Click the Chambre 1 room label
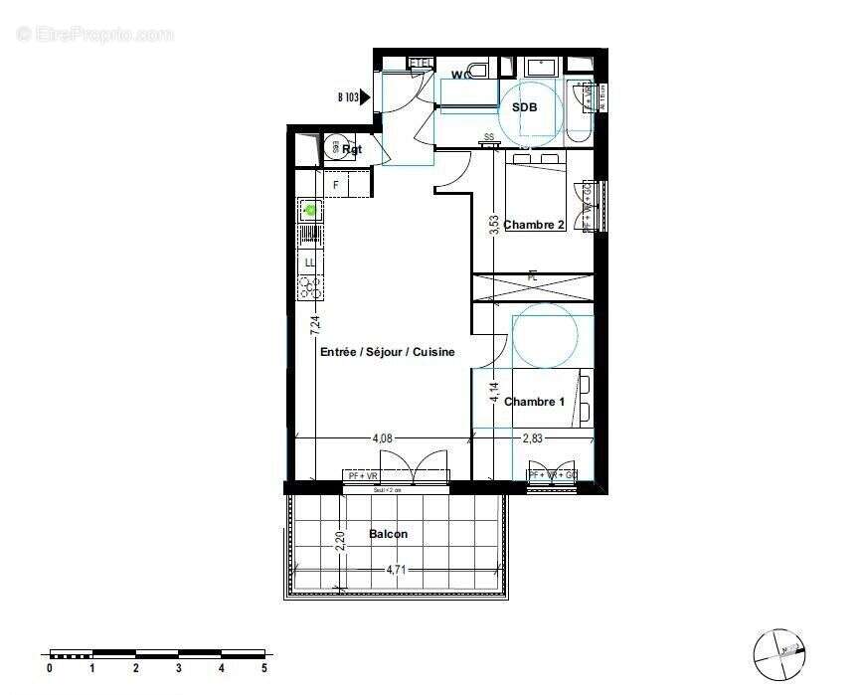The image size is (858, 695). pos(534,402)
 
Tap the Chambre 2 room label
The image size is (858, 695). pos(534,225)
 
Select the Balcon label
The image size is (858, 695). pos(388,534)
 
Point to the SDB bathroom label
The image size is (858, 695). pos(525,107)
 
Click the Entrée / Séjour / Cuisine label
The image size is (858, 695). pos(387,352)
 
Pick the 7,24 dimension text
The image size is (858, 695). pos(315,323)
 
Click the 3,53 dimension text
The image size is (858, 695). pos(493,225)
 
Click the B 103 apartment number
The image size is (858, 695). pos(347,97)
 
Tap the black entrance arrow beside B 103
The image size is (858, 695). pos(365,97)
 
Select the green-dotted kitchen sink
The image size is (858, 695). pos(310,210)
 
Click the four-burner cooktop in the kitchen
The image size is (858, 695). pos(310,287)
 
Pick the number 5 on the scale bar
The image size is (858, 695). pos(264,668)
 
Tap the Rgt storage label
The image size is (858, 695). pos(352,150)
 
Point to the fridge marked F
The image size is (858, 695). pos(336,185)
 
